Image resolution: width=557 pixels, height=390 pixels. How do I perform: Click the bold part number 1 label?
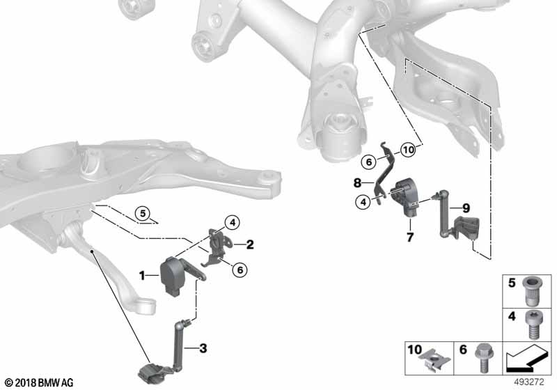pos(142,275)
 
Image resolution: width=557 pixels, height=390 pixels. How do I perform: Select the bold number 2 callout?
pos(250,244)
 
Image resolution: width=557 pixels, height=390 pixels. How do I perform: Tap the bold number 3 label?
pos(203,348)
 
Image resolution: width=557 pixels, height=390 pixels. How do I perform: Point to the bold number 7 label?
pos(410,237)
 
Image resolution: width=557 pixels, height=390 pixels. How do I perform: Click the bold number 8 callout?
pos(357,183)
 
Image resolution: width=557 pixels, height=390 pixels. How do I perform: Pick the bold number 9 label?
pos(466,208)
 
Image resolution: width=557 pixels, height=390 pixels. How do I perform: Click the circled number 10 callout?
pos(408,150)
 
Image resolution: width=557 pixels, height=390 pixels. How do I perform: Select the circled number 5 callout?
pos(143,214)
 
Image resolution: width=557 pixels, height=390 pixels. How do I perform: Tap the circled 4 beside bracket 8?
pos(363,202)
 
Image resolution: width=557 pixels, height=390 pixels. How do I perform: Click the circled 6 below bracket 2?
pos(240,270)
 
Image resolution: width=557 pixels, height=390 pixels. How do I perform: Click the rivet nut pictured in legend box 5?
pos(531,292)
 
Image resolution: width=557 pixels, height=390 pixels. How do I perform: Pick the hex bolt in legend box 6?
pos(483,358)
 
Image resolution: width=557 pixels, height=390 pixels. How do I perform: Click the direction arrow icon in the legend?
pos(526,359)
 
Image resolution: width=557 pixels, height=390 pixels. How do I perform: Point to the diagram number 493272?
pos(529,382)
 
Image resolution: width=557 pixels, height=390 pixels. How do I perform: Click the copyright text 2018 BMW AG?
pos(40,382)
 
